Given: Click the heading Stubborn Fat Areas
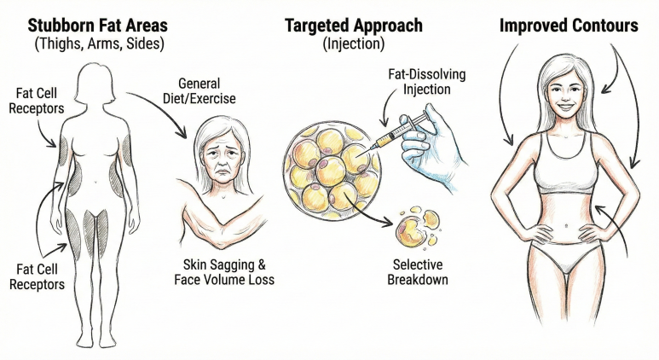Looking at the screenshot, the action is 97,26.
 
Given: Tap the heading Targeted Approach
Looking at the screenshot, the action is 354,26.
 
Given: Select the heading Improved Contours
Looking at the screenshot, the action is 569,26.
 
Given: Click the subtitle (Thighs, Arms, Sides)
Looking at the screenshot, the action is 99,44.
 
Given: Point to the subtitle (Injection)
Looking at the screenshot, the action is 354,44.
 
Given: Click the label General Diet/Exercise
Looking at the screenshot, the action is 199,90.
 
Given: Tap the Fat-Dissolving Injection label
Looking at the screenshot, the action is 426,82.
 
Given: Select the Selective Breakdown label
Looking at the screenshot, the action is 418,272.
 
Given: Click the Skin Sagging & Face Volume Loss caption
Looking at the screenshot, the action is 224,272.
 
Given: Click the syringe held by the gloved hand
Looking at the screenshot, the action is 394,133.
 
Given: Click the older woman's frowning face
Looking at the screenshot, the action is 221,157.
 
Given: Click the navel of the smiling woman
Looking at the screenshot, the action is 566,226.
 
